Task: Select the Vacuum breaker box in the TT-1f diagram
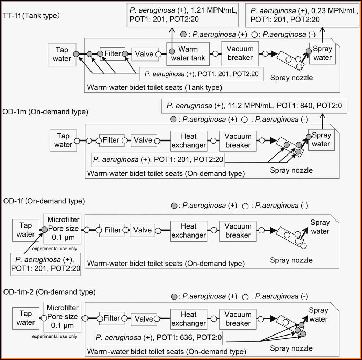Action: point(240,53)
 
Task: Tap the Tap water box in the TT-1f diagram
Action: point(61,54)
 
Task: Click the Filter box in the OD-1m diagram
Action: point(111,140)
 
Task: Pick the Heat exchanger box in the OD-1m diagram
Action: point(189,141)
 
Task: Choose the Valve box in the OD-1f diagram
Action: point(143,230)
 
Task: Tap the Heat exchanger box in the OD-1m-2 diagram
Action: point(189,319)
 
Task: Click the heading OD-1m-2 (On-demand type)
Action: point(49,291)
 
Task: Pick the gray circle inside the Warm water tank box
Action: point(172,51)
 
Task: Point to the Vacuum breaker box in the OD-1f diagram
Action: point(238,230)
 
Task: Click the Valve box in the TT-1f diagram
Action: point(144,54)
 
